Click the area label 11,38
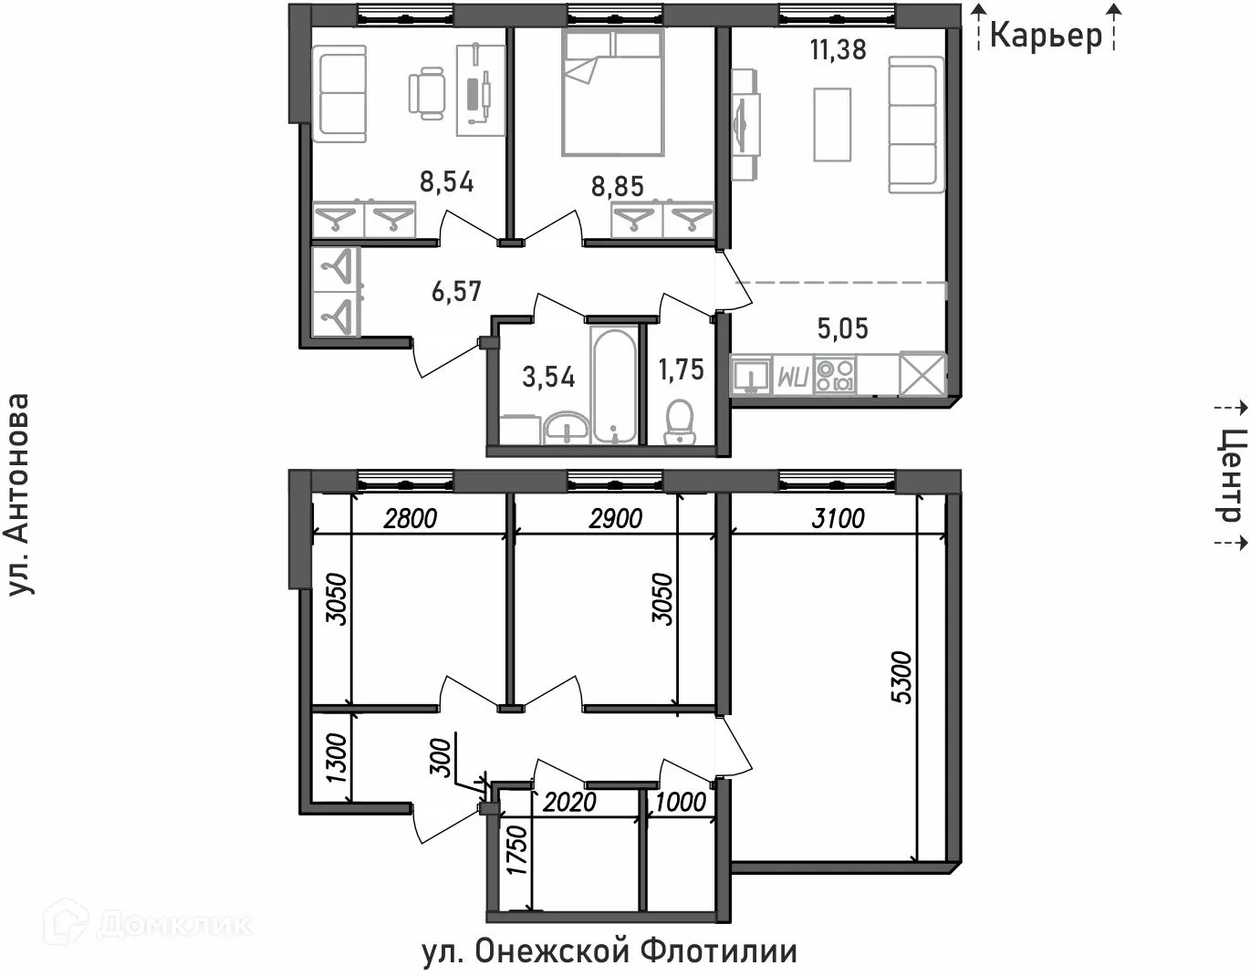pyautogui.click(x=838, y=49)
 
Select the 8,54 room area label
pyautogui.click(x=446, y=182)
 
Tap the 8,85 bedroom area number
pyautogui.click(x=617, y=186)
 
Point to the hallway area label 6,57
pyautogui.click(x=455, y=292)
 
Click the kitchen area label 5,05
pyautogui.click(x=841, y=328)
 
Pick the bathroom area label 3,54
pyautogui.click(x=548, y=377)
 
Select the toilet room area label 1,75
pyautogui.click(x=681, y=369)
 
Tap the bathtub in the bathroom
pyautogui.click(x=614, y=386)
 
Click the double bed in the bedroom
pyautogui.click(x=611, y=91)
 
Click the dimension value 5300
pyautogui.click(x=901, y=675)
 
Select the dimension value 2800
pyautogui.click(x=411, y=519)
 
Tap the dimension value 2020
pyautogui.click(x=569, y=802)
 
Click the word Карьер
pyautogui.click(x=1046, y=36)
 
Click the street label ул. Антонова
pyautogui.click(x=20, y=495)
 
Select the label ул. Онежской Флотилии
pyautogui.click(x=609, y=951)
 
